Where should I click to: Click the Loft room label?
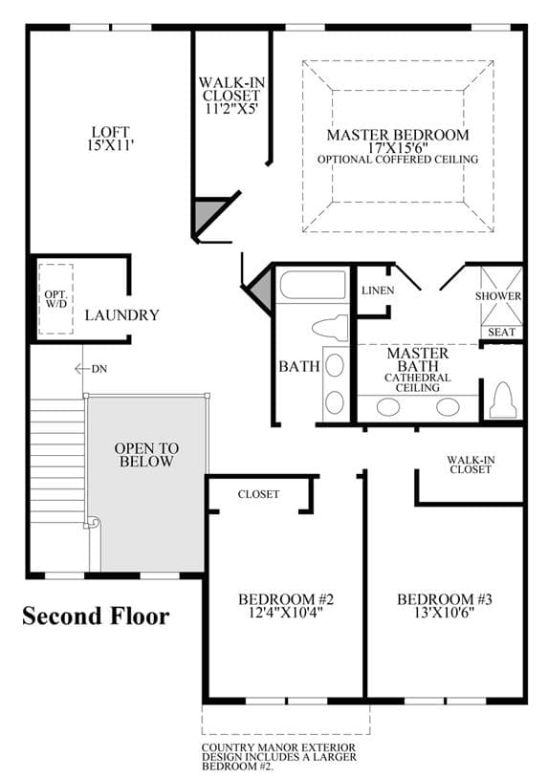pos(110,132)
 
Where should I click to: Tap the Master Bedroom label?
pos(398,135)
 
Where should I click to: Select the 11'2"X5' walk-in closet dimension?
pos(231,108)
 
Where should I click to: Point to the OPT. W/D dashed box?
pos(55,299)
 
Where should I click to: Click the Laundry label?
pos(121,315)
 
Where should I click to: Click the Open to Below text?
pos(146,455)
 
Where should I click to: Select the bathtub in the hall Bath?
pos(313,285)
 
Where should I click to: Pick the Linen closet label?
pos(378,291)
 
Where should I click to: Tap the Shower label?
pos(498,296)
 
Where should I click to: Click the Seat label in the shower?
pos(501,332)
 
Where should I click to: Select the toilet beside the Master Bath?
pos(502,400)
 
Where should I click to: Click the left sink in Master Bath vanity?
pos(388,407)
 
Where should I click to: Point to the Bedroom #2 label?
pos(286,599)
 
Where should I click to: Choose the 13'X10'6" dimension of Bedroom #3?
pos(444,612)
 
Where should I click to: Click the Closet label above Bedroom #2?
pos(258,494)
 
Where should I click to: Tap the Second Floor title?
pos(96,617)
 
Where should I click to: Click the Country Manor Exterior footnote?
pos(279,757)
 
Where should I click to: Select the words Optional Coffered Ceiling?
pos(398,160)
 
